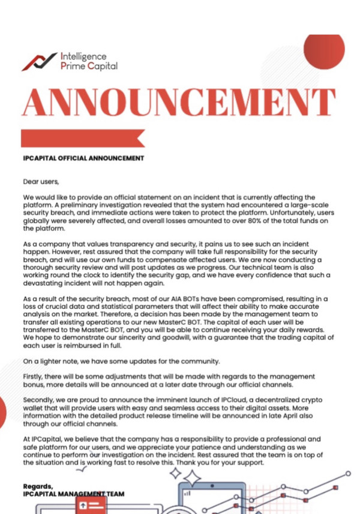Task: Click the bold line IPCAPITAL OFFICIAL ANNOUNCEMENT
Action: pyautogui.click(x=83, y=159)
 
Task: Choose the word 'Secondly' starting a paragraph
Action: pyautogui.click(x=40, y=399)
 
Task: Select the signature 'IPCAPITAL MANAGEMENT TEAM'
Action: pyautogui.click(x=74, y=494)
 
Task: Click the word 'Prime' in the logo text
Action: pyautogui.click(x=73, y=66)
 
